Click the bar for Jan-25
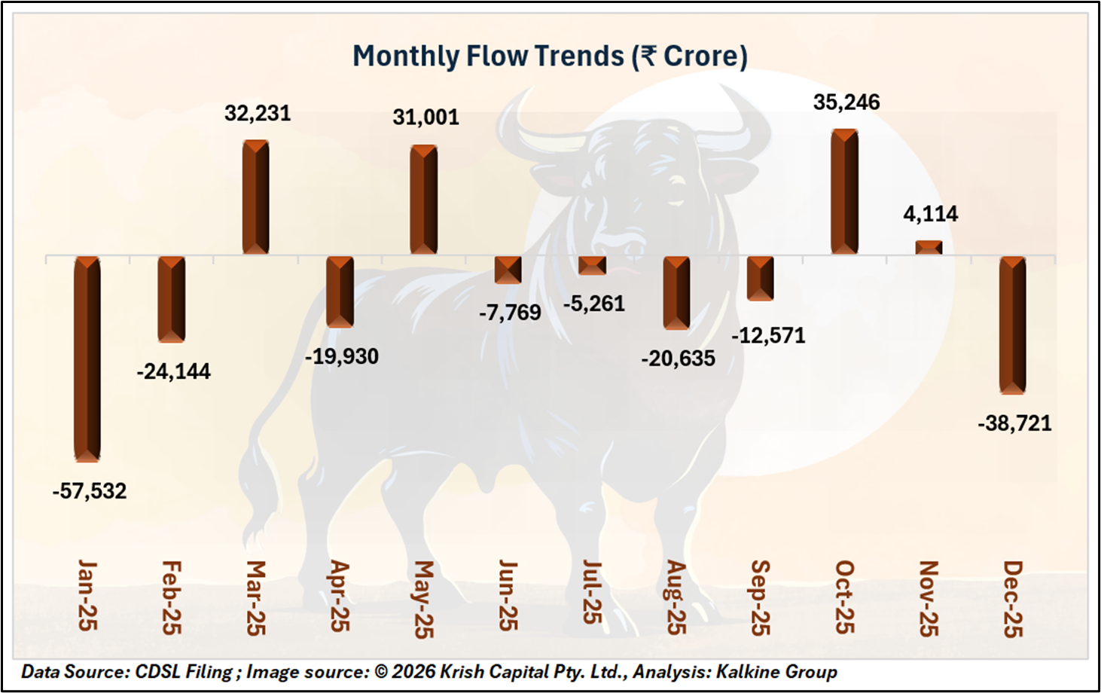pos(87,359)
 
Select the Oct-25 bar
pos(844,192)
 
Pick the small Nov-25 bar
pos(929,247)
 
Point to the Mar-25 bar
pos(256,197)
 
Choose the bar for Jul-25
pos(592,265)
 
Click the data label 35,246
pos(846,102)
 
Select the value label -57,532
pos(90,491)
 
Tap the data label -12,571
pos(768,335)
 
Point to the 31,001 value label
pos(425,118)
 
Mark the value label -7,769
pos(510,312)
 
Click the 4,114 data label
pos(931,214)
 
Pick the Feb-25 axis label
pos(172,597)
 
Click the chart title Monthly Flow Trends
pos(488,56)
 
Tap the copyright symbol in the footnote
pos(382,671)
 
